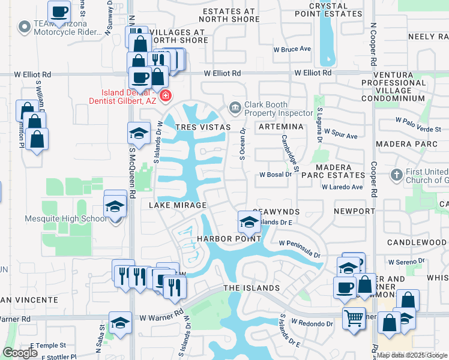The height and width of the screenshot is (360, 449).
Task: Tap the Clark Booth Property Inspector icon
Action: pos(235,107)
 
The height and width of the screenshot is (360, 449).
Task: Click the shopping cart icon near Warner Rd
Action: pos(354,317)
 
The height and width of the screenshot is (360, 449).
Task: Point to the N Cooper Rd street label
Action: pos(373,45)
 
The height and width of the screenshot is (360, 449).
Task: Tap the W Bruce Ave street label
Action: pos(292,49)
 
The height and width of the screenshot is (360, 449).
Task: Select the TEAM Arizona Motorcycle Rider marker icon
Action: pos(25,27)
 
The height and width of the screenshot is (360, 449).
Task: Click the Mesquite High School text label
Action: pos(66,218)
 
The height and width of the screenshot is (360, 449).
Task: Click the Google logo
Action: pos(20,353)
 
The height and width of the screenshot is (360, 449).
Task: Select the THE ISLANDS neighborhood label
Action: pos(252,288)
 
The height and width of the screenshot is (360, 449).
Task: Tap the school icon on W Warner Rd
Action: pos(120,322)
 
